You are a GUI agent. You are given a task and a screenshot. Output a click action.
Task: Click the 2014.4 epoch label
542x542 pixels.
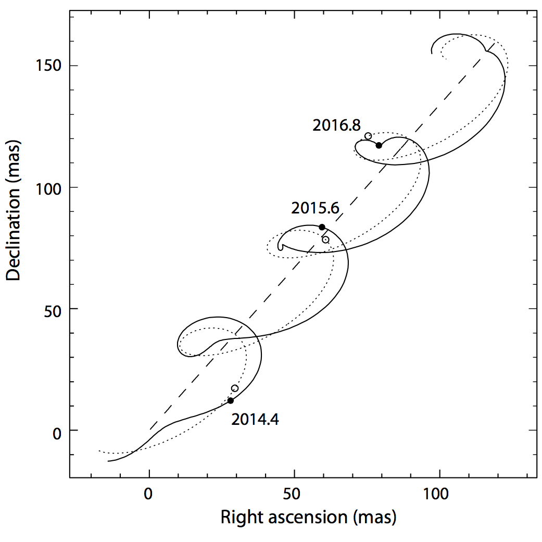(x=255, y=419)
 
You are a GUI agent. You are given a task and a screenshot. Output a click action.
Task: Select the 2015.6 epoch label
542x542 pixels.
(x=315, y=208)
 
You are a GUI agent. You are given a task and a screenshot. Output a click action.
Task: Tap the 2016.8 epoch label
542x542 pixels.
(x=336, y=125)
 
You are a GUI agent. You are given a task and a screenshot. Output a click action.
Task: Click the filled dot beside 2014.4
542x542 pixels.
(x=230, y=400)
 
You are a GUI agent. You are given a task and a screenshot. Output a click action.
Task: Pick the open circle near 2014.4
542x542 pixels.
(x=235, y=388)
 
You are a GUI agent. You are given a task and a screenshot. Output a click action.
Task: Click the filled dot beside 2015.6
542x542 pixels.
(x=322, y=227)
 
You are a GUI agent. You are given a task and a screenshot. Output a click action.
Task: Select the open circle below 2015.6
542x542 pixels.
(x=325, y=240)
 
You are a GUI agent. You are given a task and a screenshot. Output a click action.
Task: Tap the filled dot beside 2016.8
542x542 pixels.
(x=379, y=145)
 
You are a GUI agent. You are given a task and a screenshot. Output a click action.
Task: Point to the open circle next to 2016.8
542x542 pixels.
(x=368, y=136)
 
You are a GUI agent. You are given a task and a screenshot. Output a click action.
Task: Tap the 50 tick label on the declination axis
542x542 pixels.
(x=53, y=309)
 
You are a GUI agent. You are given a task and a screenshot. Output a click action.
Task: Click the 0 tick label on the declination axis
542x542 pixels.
(x=57, y=431)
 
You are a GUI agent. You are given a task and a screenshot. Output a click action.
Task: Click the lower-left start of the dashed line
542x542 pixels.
(x=150, y=429)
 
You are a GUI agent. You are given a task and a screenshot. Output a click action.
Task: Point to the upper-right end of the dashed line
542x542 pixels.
(x=495, y=44)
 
